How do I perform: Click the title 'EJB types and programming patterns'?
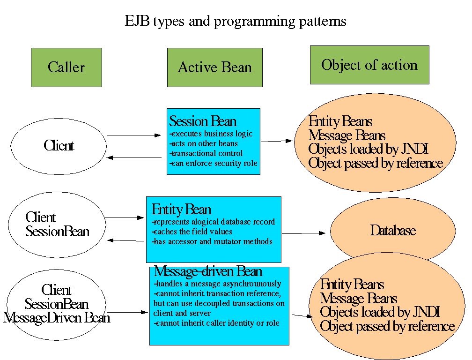pos(236,22)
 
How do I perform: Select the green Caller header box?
pos(66,67)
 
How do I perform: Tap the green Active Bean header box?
pos(215,67)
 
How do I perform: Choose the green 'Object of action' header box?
pos(369,65)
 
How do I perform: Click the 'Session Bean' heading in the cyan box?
pos(203,122)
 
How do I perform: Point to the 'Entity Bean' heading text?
pos(182,210)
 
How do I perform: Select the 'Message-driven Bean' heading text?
pos(208,272)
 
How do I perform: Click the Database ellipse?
pos(393,231)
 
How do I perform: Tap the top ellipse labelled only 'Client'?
pos(59,146)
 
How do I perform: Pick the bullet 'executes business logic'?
pos(211,134)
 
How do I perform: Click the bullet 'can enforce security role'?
pos(213,164)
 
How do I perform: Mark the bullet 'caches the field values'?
pos(192,232)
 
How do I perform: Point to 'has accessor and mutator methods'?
pos(212,242)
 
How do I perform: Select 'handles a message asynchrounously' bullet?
pos(218,284)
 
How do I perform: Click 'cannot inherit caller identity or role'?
pos(216,323)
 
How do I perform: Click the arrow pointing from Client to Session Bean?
pos(134,135)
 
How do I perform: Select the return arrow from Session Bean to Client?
pos(134,158)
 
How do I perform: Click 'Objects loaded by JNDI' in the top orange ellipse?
pos(369,150)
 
